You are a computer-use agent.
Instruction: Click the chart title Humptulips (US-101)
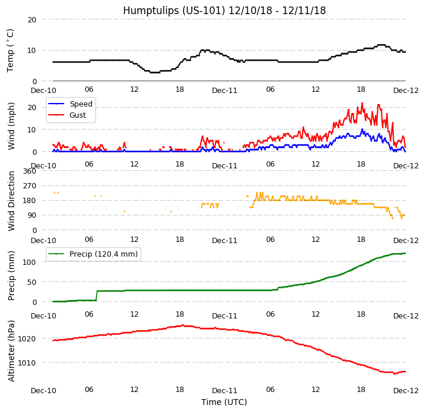(x=224, y=11)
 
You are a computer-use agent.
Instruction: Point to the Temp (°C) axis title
(x=11, y=50)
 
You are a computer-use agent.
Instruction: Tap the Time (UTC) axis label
(x=224, y=402)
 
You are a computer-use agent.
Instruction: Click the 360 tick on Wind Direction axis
(x=29, y=171)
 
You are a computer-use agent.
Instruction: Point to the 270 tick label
(x=29, y=186)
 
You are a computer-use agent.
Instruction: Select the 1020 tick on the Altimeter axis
(x=27, y=338)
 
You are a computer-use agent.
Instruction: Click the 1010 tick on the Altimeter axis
(x=27, y=363)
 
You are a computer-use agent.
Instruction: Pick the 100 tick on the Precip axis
(x=29, y=262)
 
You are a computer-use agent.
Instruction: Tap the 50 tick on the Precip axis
(x=32, y=282)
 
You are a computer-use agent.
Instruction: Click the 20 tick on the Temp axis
(x=32, y=19)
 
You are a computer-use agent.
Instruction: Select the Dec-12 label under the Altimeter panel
(x=406, y=391)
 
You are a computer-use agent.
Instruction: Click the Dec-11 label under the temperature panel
(x=224, y=91)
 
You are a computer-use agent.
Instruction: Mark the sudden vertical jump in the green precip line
(x=97, y=295)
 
